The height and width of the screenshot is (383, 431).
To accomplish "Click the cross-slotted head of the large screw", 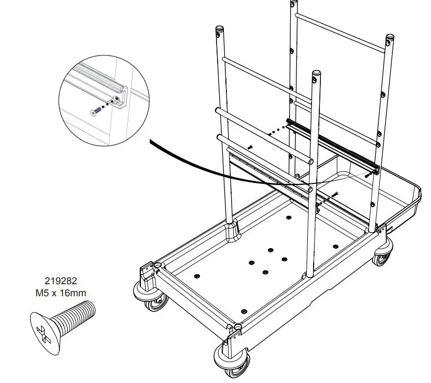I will tap(41, 328).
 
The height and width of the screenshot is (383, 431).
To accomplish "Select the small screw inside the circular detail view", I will tap(96, 111).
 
